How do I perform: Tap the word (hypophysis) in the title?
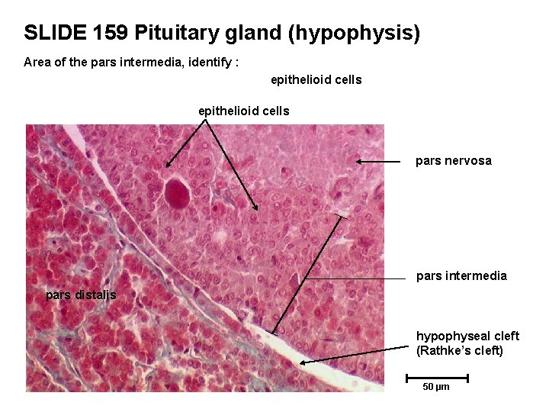click(x=352, y=34)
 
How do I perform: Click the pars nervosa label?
click(x=453, y=161)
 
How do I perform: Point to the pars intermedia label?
click(x=461, y=275)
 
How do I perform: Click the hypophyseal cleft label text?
click(x=467, y=336)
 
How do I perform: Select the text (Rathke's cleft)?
click(x=460, y=351)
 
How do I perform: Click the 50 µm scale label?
click(x=436, y=387)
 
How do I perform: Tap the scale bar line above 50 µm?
click(x=437, y=377)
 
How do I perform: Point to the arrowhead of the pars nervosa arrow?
click(x=358, y=162)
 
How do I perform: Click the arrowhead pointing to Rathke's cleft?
click(x=302, y=362)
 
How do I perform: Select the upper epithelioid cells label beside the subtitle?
click(x=316, y=79)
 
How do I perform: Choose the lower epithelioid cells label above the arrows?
click(x=243, y=111)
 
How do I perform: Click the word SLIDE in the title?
click(x=54, y=33)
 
